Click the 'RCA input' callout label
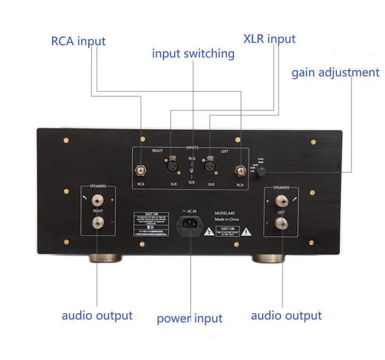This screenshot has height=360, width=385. [x=78, y=41]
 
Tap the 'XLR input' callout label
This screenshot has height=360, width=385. [x=269, y=39]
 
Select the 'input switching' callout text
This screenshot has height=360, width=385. [x=193, y=53]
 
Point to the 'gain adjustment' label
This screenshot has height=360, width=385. [x=335, y=73]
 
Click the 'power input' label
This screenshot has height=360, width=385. [x=189, y=319]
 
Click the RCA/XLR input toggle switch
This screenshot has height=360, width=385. [x=191, y=170]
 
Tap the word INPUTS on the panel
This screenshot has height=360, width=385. [x=192, y=147]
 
